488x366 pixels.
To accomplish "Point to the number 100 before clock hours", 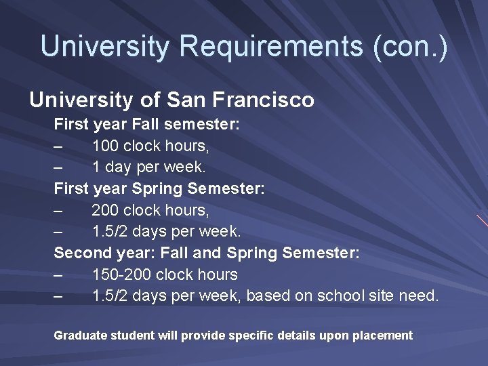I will click(106, 146).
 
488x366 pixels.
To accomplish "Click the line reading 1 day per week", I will click(149, 167).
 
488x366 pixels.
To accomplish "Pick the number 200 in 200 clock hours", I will click(106, 210).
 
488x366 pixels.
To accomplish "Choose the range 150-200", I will click(123, 274).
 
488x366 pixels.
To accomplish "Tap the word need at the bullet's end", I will click(420, 296).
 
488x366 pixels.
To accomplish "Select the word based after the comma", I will click(269, 296).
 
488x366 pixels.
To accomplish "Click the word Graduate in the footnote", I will click(79, 335).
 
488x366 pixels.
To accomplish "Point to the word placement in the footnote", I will click(383, 335).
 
